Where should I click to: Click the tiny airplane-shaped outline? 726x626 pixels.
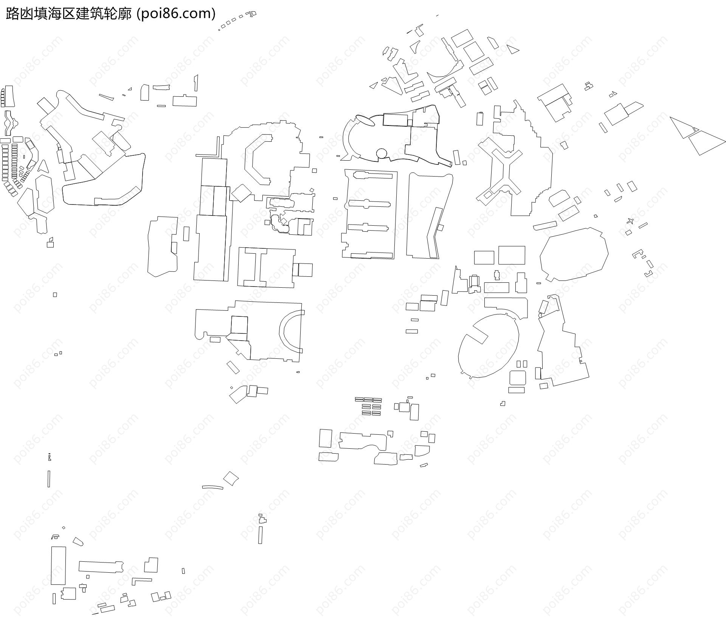[x=630, y=221]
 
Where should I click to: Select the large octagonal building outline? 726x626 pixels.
[x=574, y=254]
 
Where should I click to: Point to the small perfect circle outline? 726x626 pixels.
[x=382, y=153]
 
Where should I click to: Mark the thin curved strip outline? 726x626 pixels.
[x=213, y=487]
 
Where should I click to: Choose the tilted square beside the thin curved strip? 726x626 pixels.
[x=231, y=478]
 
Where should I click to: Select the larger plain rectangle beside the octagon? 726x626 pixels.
[x=512, y=255]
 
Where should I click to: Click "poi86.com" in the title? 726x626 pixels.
[x=175, y=14]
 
